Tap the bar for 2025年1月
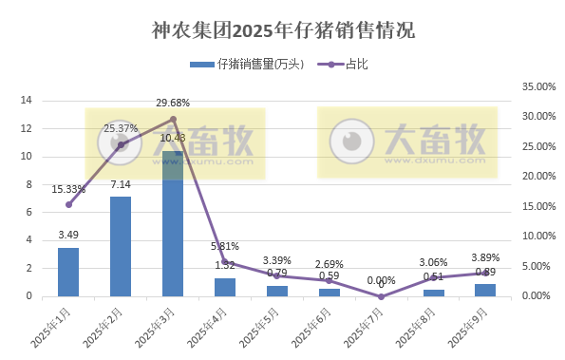pyautogui.click(x=68, y=272)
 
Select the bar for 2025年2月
pyautogui.click(x=121, y=246)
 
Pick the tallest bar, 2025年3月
pyautogui.click(x=173, y=223)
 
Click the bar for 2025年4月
pyautogui.click(x=225, y=287)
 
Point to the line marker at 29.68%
pyautogui.click(x=173, y=119)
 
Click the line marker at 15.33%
pyautogui.click(x=68, y=204)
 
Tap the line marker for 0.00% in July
pyautogui.click(x=381, y=296)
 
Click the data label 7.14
pyautogui.click(x=121, y=184)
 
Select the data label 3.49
pyautogui.click(x=68, y=235)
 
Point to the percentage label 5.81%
pyautogui.click(x=225, y=247)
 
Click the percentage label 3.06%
pyautogui.click(x=433, y=262)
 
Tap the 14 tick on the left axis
pyautogui.click(x=27, y=100)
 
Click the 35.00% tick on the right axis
pyautogui.click(x=538, y=86)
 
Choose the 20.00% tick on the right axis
pyautogui.click(x=538, y=176)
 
